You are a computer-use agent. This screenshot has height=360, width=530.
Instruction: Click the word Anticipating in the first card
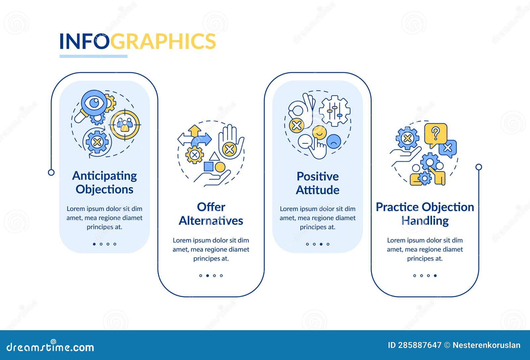pos(104,176)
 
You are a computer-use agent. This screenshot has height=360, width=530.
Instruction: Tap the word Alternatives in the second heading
pos(211,221)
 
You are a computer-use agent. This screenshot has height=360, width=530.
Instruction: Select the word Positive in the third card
pos(317,176)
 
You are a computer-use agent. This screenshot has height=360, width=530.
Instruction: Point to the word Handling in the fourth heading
pos(425,221)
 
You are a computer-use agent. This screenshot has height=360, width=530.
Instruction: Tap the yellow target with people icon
pos(125,125)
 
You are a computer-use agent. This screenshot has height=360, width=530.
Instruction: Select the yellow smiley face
pos(320,133)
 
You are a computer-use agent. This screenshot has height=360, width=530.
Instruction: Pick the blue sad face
pos(334,141)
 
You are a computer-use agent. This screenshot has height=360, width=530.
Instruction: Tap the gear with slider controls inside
pos(335,111)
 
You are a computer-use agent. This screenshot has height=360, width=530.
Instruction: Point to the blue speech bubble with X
pos(448,148)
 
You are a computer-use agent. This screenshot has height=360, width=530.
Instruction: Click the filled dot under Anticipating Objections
pos(94,244)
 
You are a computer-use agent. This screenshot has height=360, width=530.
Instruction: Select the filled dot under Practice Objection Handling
pos(435,276)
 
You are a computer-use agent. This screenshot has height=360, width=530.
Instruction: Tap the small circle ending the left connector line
pos(51,172)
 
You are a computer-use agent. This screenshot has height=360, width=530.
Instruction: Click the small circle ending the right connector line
pos(479,167)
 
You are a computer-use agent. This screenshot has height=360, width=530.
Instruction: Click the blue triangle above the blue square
pos(214,156)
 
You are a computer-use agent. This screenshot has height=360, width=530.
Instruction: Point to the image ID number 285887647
pos(419,345)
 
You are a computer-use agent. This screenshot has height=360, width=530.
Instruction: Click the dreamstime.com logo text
pos(50,347)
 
